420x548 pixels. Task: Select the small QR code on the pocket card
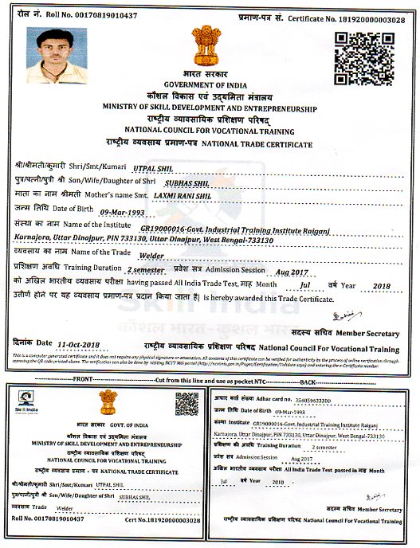186,405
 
